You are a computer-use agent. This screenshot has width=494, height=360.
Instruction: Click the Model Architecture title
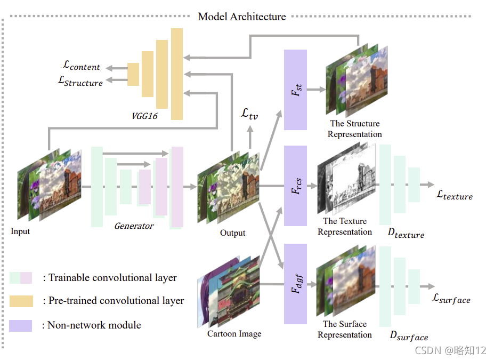pos(242,17)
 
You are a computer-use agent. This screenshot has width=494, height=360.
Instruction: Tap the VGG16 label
pos(145,115)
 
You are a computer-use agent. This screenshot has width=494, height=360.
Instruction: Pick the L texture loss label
pos(455,195)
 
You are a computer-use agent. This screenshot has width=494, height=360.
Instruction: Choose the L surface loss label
pos(452,299)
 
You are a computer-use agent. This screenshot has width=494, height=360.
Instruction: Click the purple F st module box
pos(295,90)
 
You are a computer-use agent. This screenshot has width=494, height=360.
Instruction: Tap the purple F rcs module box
pos(295,185)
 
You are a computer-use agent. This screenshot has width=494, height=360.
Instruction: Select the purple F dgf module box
pos(295,284)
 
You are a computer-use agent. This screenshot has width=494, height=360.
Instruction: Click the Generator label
pos(134,226)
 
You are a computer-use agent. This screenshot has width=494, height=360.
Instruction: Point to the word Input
pos(20,231)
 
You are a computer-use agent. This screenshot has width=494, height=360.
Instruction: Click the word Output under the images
pos(233,233)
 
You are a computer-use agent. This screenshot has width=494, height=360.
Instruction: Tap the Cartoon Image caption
pos(234,334)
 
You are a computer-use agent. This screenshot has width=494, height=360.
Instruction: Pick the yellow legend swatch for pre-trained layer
pos(21,301)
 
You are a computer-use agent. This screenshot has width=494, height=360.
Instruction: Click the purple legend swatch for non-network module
pos(21,325)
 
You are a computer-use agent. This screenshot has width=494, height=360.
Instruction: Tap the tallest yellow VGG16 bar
pos(177,74)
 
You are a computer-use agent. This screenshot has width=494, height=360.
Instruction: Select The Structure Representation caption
pos(355,129)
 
